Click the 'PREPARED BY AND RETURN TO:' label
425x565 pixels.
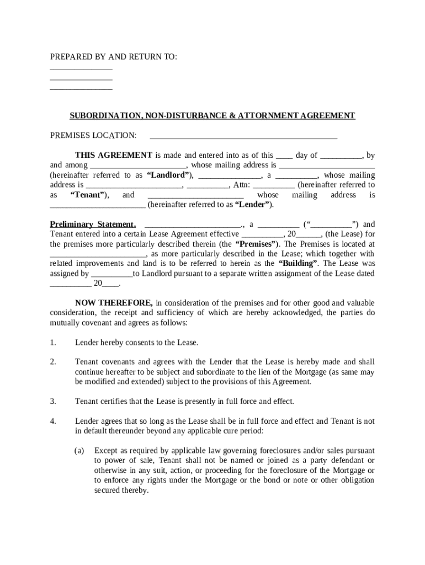coord(114,57)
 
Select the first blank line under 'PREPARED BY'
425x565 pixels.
coord(81,70)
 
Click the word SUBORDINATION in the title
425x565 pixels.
coord(103,116)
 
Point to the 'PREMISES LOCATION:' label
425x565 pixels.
coord(93,136)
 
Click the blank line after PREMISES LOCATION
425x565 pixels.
coord(243,136)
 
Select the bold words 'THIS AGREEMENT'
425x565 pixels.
coord(114,156)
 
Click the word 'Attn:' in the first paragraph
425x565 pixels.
coord(242,185)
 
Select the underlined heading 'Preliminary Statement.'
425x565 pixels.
coord(93,225)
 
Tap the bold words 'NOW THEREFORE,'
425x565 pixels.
coord(114,303)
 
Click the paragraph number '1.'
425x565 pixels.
coord(53,343)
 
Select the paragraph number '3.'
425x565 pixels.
coord(53,401)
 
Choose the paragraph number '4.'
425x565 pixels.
coord(53,421)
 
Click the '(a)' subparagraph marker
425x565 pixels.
coord(79,451)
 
